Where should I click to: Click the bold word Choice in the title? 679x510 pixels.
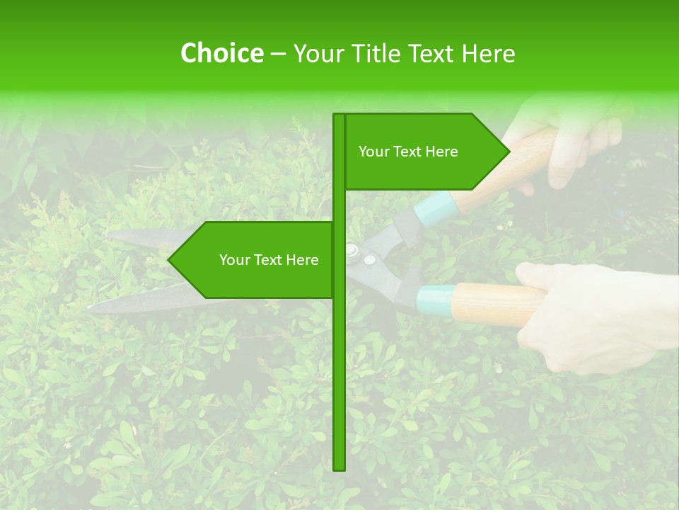(221, 53)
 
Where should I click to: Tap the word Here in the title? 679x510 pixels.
(488, 53)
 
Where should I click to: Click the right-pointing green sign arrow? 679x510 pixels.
(424, 152)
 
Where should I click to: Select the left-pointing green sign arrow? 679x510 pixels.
(255, 260)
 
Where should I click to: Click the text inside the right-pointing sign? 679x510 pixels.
(408, 152)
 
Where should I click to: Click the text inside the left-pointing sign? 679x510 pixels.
(269, 260)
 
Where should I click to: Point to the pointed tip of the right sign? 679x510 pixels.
(509, 152)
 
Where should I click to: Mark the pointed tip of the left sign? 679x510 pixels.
(169, 260)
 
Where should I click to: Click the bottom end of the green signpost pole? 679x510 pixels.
(339, 467)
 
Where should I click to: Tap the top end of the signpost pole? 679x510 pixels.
(339, 116)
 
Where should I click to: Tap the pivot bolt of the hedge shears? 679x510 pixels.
(352, 249)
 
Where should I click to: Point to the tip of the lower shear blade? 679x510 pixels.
(91, 309)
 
